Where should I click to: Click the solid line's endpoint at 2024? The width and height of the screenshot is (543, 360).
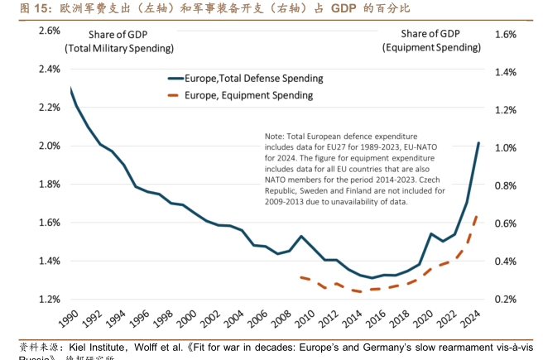[x=478, y=143]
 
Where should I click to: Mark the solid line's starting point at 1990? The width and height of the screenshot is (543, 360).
[x=71, y=89]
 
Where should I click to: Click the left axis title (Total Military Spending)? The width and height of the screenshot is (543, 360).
[x=119, y=48]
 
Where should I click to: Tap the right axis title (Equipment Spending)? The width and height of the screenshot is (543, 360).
[x=430, y=48]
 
